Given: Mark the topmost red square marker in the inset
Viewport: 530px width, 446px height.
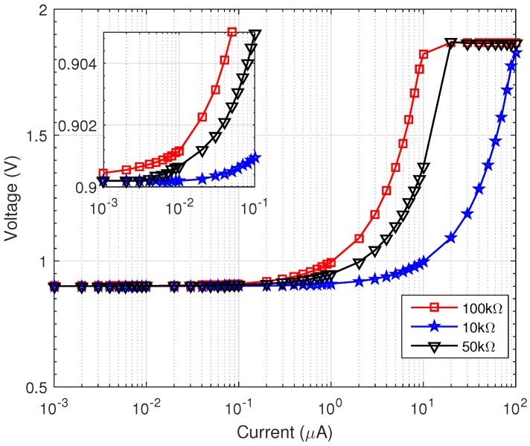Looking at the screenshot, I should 232,32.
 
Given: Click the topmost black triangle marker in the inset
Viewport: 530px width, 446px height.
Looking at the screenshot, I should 255,34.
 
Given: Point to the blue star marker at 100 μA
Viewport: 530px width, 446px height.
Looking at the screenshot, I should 516,54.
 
